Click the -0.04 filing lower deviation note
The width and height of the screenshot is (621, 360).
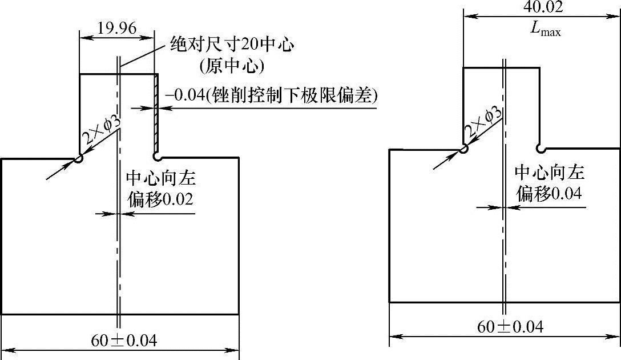(x=271, y=94)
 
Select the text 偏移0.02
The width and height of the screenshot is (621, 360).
(x=159, y=199)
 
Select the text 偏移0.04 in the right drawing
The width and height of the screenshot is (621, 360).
(x=549, y=194)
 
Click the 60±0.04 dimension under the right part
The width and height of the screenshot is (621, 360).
(x=510, y=327)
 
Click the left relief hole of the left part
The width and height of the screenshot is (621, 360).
(x=78, y=159)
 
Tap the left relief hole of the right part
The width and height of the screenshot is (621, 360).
(x=464, y=149)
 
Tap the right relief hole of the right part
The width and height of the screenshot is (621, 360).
(x=540, y=149)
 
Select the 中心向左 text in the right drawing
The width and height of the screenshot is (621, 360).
(x=549, y=173)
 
